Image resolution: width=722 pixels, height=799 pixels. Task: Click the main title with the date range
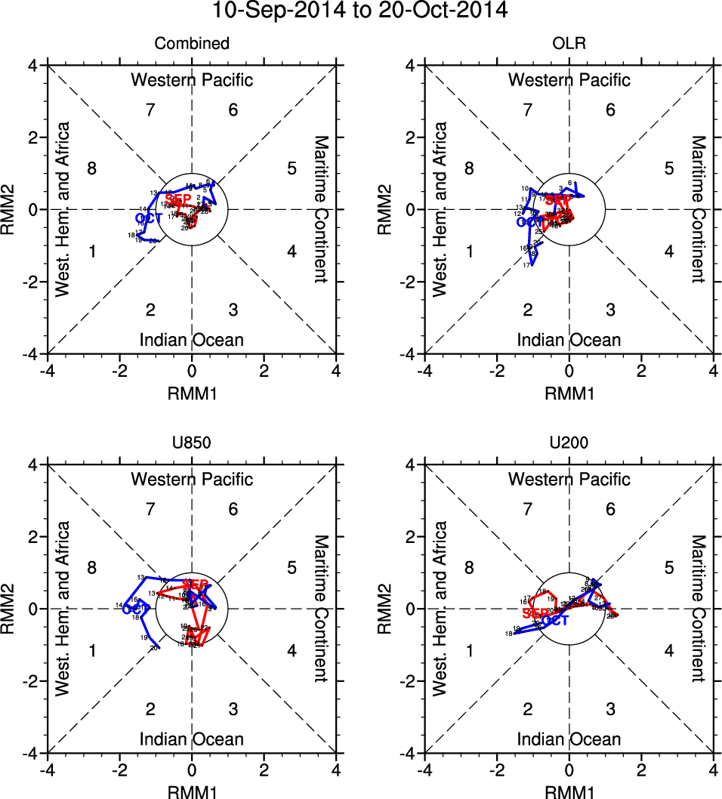coord(360,11)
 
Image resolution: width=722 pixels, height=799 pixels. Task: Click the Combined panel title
coord(192,44)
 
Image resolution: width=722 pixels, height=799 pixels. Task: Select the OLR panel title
coord(569,44)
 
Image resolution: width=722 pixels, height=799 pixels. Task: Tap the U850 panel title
coord(192,443)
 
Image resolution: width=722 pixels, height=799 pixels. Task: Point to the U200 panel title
coord(569,443)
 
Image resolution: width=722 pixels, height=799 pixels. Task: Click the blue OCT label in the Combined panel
coord(150,218)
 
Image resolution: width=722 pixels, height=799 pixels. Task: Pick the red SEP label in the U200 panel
coord(535,613)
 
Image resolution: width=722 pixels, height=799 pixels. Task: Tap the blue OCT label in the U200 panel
coord(555,621)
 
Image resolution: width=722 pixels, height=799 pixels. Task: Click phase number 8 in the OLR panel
coord(469,168)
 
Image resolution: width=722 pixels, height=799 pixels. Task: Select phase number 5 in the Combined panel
coord(292,168)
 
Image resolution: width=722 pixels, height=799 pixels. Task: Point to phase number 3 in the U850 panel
coord(233,709)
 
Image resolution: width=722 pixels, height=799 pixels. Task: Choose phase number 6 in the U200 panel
coord(610,510)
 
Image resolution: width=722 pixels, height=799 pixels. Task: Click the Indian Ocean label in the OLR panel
coord(569,340)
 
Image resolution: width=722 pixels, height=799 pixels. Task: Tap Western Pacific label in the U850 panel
coord(192,479)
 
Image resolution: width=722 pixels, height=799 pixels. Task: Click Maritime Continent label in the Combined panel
coord(320,209)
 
